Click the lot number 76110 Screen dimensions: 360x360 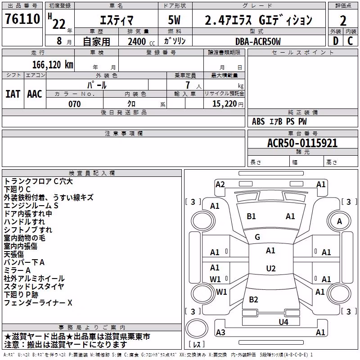point(22,18)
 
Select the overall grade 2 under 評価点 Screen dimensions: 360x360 point(343,21)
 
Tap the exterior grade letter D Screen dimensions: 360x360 point(335,41)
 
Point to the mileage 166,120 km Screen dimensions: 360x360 point(53,64)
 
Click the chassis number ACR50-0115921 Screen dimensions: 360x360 point(302,143)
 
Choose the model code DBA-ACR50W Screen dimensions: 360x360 point(258,41)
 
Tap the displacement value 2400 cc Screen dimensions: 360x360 point(141,41)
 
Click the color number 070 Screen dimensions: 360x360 point(75,104)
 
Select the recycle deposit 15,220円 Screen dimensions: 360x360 point(228,104)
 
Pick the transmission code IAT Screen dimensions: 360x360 point(13,94)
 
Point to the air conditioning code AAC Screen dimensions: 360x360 point(35,94)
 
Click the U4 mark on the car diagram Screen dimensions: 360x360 point(283,322)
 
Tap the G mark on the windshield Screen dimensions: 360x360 point(257,237)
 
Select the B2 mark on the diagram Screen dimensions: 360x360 point(253,299)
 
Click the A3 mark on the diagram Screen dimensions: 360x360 point(220,332)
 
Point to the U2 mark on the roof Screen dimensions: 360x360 point(271,268)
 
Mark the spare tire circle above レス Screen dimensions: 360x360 point(197,328)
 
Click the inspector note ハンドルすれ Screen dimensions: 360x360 point(24,221)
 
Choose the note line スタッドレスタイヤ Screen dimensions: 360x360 point(34,286)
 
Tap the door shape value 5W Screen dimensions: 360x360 point(174,20)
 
